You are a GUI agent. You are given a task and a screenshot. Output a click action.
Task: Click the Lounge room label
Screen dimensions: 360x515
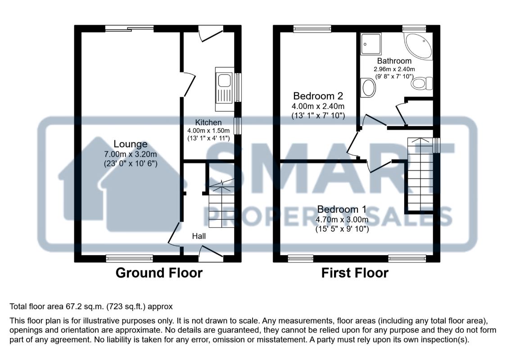(x=130, y=144)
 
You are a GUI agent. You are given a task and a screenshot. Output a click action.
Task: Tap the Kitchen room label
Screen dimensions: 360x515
(x=208, y=122)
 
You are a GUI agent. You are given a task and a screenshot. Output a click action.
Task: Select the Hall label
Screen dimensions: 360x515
(x=199, y=236)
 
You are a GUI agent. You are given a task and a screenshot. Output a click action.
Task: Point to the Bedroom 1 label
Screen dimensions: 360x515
(x=342, y=210)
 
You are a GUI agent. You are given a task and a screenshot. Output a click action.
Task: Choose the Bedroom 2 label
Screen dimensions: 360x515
(x=318, y=96)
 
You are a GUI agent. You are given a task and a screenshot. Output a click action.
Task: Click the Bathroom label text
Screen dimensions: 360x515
(x=394, y=61)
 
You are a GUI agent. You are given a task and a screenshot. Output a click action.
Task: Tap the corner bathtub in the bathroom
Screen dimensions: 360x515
(x=419, y=46)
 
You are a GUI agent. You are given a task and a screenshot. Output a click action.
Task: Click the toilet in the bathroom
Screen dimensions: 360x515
(x=422, y=84)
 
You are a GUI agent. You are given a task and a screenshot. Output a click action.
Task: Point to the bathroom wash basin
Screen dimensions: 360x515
(x=368, y=87)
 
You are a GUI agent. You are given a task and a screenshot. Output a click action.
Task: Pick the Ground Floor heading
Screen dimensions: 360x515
(x=159, y=273)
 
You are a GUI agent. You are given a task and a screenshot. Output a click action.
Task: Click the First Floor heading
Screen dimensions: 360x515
(x=355, y=273)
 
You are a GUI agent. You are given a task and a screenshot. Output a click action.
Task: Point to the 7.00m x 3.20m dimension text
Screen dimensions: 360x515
(x=130, y=154)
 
